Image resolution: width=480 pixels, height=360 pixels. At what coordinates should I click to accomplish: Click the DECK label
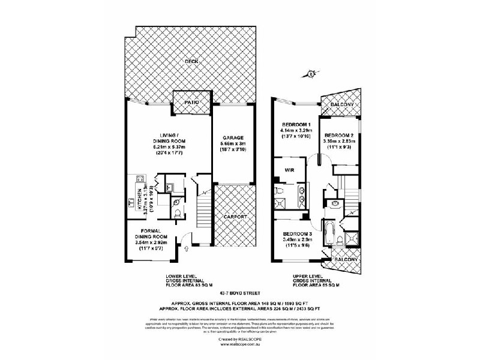191,61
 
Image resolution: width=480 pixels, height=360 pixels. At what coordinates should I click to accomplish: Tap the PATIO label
191,103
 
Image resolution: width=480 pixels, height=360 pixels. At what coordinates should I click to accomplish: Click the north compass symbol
311,74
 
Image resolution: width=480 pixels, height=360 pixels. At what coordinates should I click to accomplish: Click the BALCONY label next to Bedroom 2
341,105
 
